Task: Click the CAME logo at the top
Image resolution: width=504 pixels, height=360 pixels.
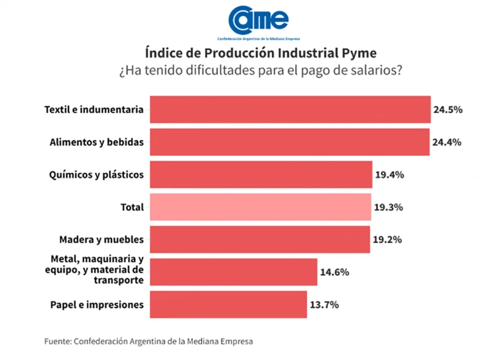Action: (x=258, y=21)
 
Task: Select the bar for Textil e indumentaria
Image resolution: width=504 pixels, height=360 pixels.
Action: (x=290, y=109)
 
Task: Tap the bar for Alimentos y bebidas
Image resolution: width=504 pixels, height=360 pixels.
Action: (x=289, y=142)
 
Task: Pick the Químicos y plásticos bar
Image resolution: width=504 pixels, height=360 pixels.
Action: (x=261, y=174)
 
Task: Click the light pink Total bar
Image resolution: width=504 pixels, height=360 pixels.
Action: (x=260, y=207)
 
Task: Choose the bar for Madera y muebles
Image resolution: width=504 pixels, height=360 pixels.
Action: (x=259, y=239)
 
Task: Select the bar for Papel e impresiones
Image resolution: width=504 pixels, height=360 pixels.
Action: (x=228, y=304)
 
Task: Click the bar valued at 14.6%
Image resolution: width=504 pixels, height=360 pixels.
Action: (x=233, y=272)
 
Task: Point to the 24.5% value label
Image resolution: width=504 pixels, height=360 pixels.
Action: (x=447, y=110)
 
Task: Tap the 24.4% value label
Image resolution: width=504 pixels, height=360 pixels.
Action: (x=447, y=142)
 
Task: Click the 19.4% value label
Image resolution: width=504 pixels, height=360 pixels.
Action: (x=389, y=175)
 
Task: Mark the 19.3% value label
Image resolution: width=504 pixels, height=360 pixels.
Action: (x=388, y=207)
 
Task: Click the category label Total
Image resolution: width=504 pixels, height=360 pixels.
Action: (x=132, y=207)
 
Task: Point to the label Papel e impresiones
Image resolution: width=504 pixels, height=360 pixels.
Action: (x=97, y=305)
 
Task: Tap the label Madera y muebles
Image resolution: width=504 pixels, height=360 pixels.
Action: (x=101, y=240)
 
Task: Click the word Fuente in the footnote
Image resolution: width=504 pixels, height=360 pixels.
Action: (x=57, y=341)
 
